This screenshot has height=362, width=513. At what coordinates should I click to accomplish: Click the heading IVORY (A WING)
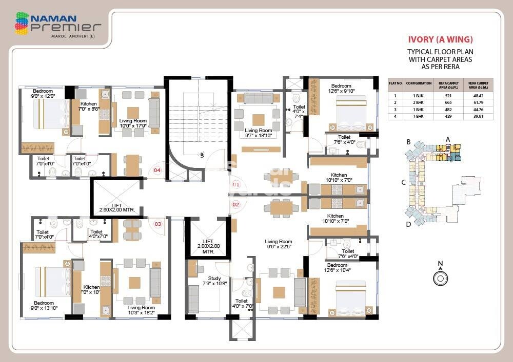pyautogui.click(x=440, y=39)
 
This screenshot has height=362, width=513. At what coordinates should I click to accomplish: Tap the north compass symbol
pyautogui.click(x=440, y=278)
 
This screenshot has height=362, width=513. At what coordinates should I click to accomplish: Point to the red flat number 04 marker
pyautogui.click(x=157, y=170)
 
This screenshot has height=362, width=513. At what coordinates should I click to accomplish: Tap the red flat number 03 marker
pyautogui.click(x=158, y=223)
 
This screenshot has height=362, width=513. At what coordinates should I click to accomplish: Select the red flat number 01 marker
pyautogui.click(x=236, y=184)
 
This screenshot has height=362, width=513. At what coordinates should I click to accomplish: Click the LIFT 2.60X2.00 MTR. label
pyautogui.click(x=116, y=207)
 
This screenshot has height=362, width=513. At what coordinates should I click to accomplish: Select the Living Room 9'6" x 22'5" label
pyautogui.click(x=279, y=244)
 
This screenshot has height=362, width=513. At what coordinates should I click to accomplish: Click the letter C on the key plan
pyautogui.click(x=404, y=182)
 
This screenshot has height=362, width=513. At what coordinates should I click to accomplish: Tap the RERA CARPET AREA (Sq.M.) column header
pyautogui.click(x=478, y=85)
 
